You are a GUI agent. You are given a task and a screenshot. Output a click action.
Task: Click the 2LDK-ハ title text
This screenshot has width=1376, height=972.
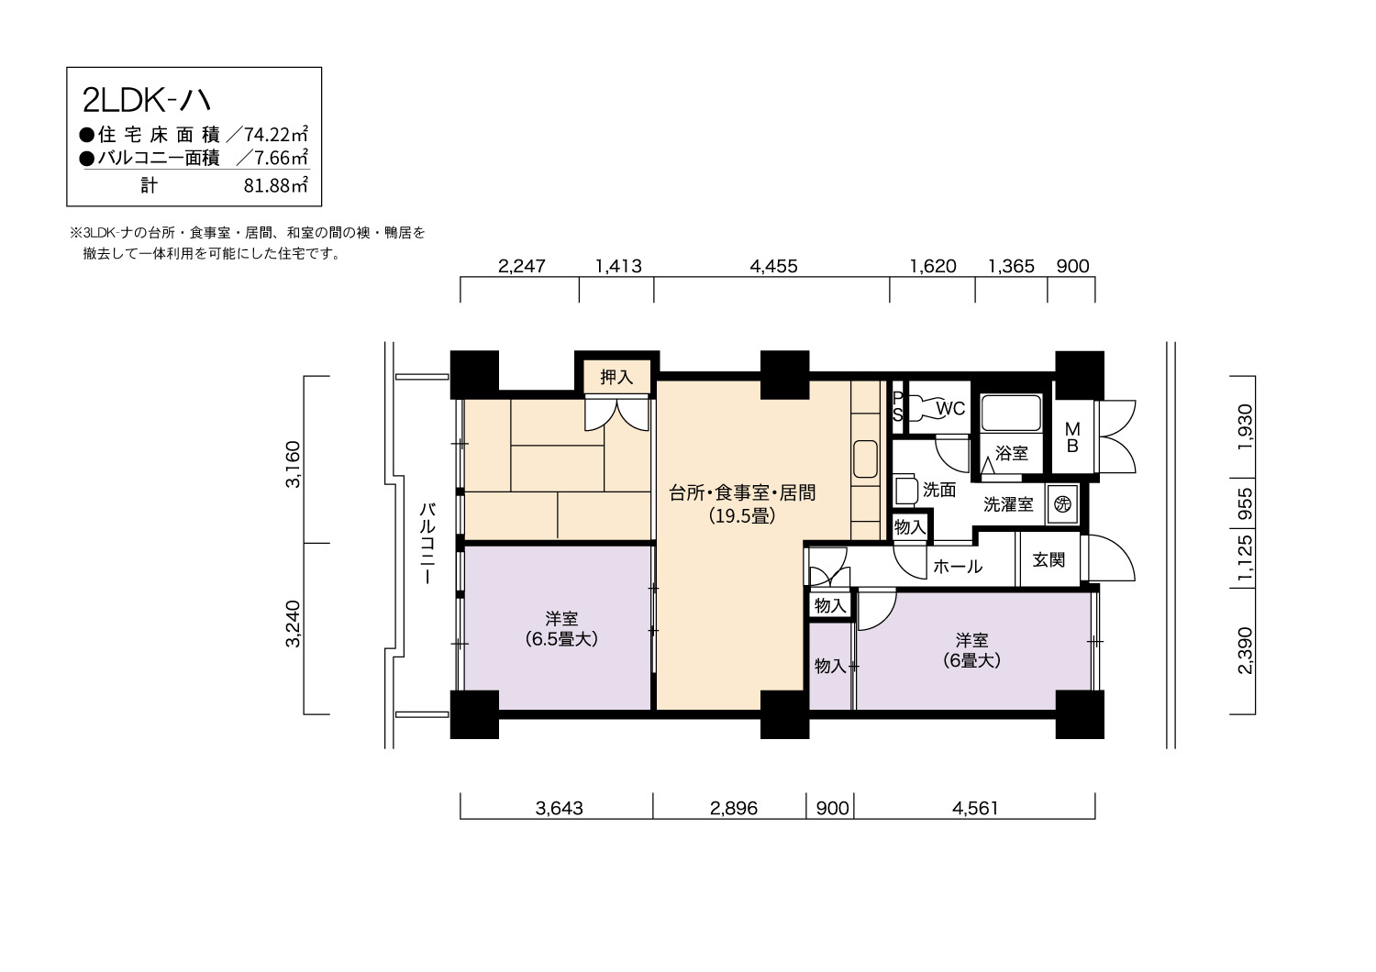(x=147, y=101)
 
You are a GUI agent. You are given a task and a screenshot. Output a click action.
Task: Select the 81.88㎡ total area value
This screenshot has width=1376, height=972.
(x=276, y=185)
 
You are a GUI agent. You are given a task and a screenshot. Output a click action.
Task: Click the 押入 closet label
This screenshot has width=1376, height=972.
(x=616, y=376)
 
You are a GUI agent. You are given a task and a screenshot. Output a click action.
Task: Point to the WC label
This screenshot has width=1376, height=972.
(x=950, y=408)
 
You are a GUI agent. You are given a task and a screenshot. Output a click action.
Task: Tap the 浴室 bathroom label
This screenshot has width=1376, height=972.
(x=1012, y=453)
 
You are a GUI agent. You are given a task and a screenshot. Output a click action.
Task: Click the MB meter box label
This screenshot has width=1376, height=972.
(x=1072, y=437)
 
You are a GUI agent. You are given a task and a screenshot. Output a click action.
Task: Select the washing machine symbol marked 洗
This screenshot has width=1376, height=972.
(x=1062, y=504)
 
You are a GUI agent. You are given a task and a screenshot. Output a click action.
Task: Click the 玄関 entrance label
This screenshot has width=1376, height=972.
(x=1049, y=559)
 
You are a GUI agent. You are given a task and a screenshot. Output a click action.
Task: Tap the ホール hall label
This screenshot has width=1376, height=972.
(x=958, y=566)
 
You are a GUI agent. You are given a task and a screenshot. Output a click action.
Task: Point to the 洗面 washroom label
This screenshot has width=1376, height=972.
(x=939, y=490)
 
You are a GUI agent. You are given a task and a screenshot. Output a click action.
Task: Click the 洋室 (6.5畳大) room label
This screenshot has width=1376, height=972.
(x=561, y=628)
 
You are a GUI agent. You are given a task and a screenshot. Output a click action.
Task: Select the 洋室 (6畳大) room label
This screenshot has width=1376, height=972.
(x=971, y=650)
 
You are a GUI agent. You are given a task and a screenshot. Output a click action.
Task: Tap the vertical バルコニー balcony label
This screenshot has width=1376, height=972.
(x=427, y=543)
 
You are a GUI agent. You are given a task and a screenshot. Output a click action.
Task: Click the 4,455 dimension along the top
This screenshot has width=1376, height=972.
(x=773, y=266)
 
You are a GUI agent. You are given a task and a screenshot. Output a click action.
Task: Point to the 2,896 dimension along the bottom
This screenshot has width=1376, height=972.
(x=734, y=808)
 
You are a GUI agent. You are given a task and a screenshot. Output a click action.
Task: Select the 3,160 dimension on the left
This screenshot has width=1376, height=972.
(x=293, y=464)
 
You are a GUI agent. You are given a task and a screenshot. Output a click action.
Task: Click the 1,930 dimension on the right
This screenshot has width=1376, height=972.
(x=1245, y=426)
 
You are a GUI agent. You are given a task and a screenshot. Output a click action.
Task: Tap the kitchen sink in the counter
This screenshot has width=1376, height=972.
(x=866, y=458)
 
